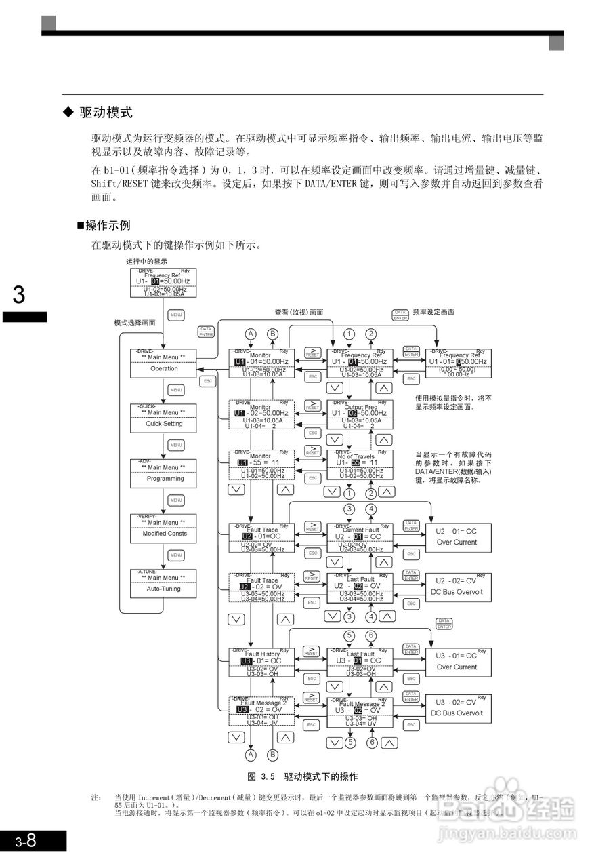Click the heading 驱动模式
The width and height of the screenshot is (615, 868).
tap(105, 113)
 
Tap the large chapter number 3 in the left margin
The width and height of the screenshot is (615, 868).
tap(19, 296)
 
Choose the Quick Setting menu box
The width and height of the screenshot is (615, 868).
tap(163, 419)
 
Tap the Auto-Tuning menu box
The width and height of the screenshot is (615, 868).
tap(163, 584)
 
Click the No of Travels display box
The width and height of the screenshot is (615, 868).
tap(360, 465)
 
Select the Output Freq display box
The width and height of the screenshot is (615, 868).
tap(360, 414)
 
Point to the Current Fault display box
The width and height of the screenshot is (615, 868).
tap(360, 538)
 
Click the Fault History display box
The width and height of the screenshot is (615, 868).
tap(261, 663)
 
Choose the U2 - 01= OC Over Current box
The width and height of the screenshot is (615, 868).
tap(458, 538)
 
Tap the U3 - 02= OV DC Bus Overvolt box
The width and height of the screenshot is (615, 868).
tap(458, 708)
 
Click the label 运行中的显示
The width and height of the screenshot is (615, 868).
tap(146, 261)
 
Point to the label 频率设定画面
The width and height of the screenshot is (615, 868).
tap(433, 313)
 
